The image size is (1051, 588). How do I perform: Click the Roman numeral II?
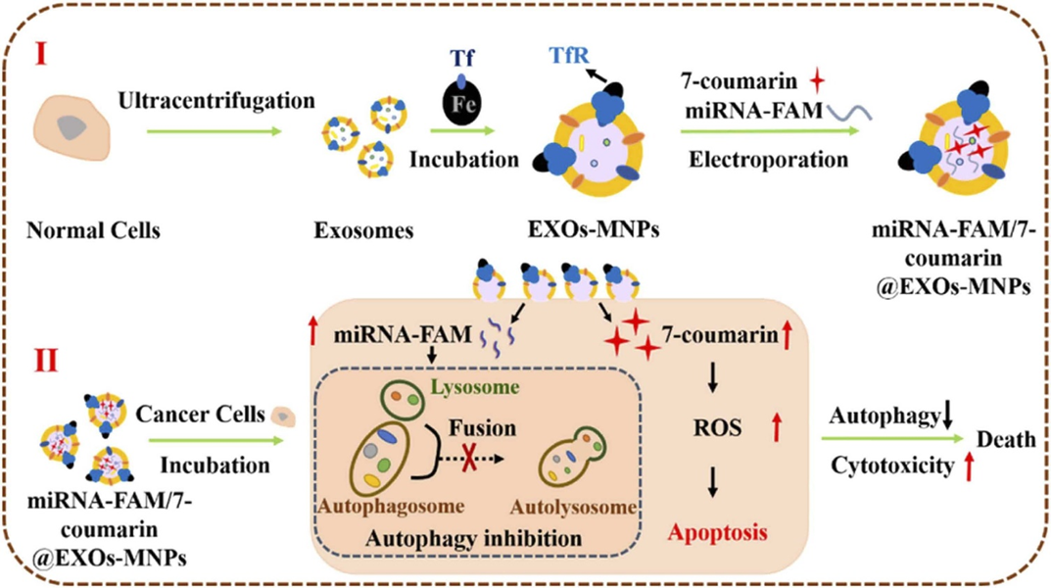48,361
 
